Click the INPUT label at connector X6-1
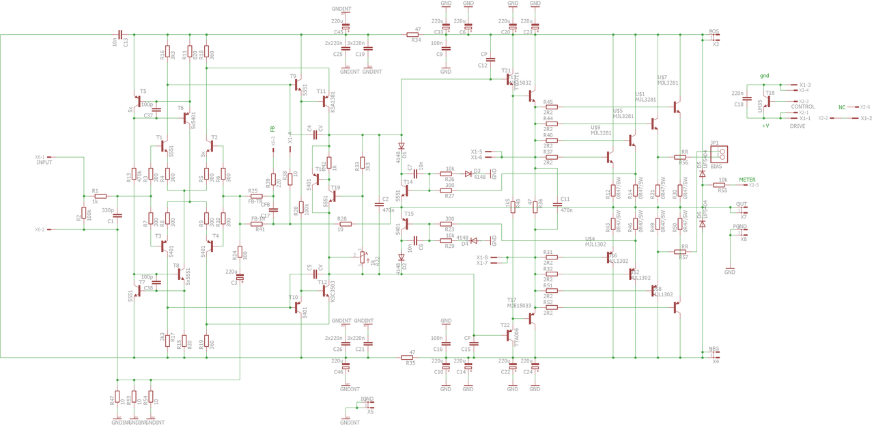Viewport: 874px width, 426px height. coord(44,163)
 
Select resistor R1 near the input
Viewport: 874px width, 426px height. coord(100,196)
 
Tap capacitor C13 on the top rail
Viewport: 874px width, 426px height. coord(120,34)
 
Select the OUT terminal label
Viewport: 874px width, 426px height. coord(741,204)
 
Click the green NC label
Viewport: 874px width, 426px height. coord(842,107)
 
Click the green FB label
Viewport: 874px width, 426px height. coord(272,129)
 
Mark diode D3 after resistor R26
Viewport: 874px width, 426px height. coord(468,174)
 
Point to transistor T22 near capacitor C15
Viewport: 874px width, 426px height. coord(508,335)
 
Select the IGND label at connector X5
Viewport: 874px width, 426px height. coord(367,399)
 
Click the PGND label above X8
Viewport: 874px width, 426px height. coord(739,227)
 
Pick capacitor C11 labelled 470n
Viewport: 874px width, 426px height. coord(557,205)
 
